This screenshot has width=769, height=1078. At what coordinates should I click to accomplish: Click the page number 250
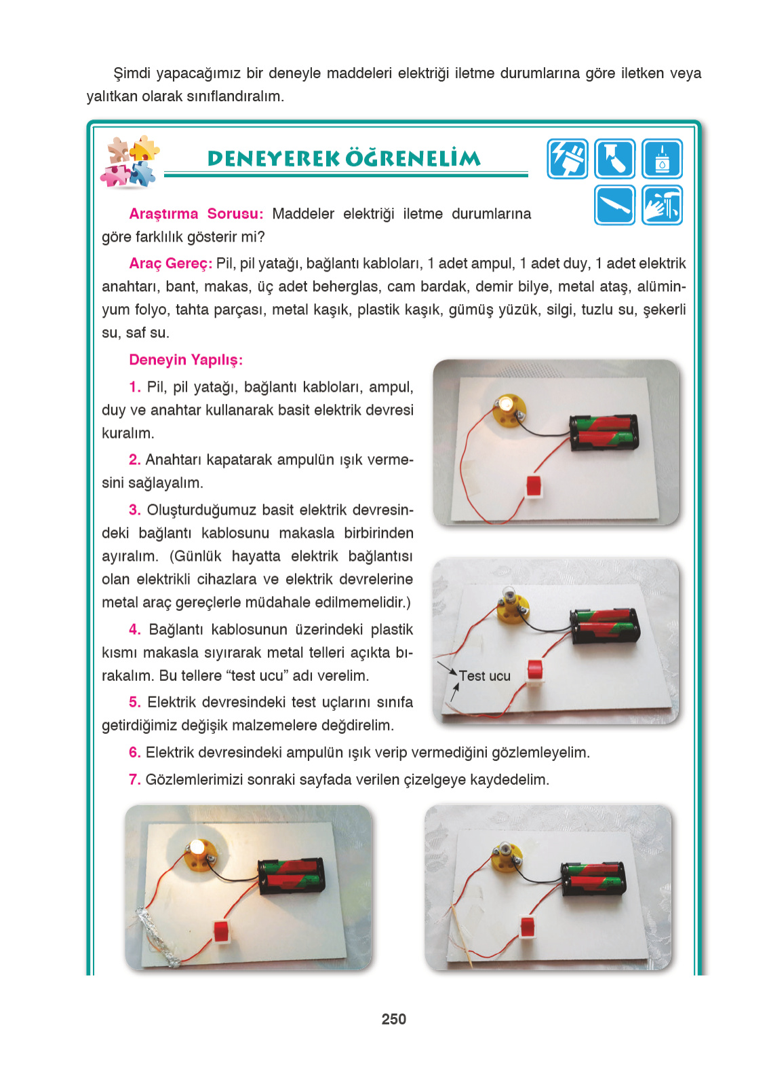(393, 1019)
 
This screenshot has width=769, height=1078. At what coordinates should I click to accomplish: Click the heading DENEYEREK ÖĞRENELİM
(344, 159)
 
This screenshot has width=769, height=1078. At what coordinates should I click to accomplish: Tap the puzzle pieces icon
(130, 162)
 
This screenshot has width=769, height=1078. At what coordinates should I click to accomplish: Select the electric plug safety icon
(567, 159)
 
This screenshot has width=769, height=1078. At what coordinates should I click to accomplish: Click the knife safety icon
(614, 205)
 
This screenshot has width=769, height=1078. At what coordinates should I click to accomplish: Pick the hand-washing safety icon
(662, 205)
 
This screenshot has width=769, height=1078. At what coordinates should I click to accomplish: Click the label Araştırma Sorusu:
(196, 214)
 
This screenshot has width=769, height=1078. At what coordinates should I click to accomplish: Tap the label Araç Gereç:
(170, 263)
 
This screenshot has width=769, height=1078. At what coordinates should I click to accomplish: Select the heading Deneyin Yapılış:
(185, 360)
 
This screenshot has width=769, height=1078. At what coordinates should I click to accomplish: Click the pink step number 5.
(134, 702)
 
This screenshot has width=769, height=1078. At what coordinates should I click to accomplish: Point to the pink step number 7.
(134, 779)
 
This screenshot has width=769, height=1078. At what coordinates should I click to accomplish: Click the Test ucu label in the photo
(484, 676)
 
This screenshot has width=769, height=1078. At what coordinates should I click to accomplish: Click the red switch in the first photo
(535, 486)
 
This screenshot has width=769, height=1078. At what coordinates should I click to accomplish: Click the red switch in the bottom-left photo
(222, 931)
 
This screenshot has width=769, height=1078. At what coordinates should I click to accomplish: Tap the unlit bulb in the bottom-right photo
(506, 849)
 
